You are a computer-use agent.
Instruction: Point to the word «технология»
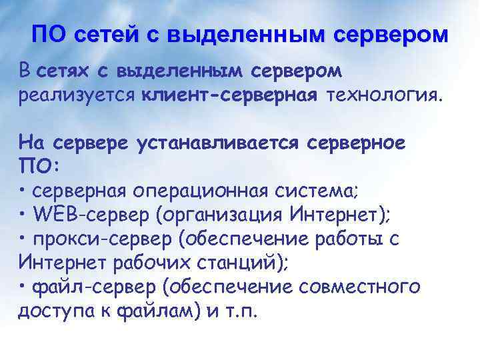(383, 95)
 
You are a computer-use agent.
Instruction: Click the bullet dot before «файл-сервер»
(23, 287)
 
